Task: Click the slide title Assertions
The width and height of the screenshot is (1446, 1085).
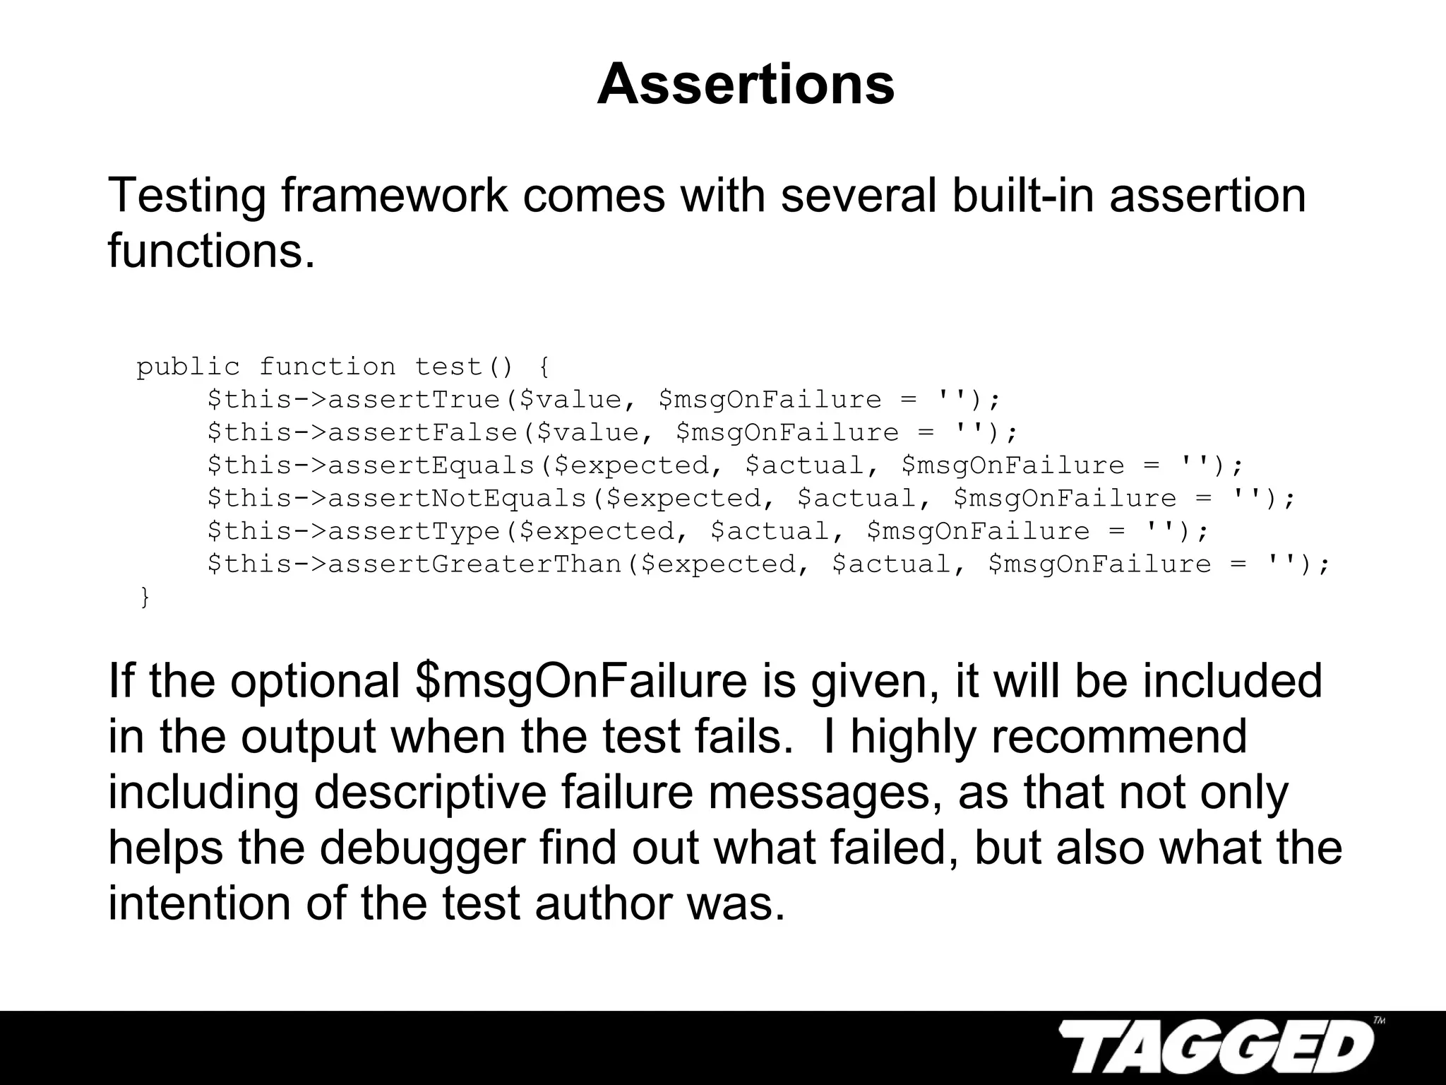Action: pos(746,85)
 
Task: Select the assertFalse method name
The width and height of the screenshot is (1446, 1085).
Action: pos(423,432)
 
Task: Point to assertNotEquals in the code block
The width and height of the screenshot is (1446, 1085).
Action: pos(458,498)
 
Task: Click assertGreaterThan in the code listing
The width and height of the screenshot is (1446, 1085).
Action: pos(474,564)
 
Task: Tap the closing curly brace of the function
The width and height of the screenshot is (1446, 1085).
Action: pos(145,597)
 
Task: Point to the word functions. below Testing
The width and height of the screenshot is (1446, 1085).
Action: pos(211,251)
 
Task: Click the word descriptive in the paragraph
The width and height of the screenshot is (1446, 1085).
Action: pos(430,793)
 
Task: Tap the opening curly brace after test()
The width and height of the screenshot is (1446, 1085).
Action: pos(543,367)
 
